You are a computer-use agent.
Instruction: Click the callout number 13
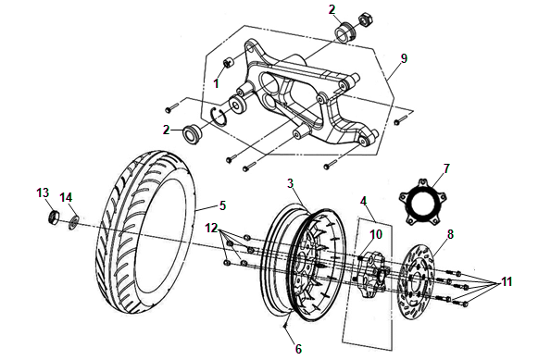pyautogui.click(x=43, y=192)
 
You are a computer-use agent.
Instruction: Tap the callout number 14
pyautogui.click(x=67, y=197)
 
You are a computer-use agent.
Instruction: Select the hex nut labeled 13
pyautogui.click(x=53, y=217)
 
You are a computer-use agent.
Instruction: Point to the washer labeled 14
pyautogui.click(x=74, y=222)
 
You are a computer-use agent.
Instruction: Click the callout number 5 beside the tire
pyautogui.click(x=222, y=205)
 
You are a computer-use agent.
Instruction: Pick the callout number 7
pyautogui.click(x=446, y=168)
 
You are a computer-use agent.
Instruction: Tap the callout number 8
pyautogui.click(x=450, y=234)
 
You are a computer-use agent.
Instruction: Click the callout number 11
pyautogui.click(x=507, y=281)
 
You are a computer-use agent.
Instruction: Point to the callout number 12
pyautogui.click(x=212, y=228)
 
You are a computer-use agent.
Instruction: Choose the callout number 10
pyautogui.click(x=376, y=234)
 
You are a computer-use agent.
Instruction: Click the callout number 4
pyautogui.click(x=363, y=201)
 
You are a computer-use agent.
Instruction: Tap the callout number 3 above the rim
pyautogui.click(x=290, y=183)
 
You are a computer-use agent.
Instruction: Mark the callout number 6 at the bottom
pyautogui.click(x=298, y=349)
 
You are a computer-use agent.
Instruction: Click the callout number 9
pyautogui.click(x=404, y=58)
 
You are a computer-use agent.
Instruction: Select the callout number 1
pyautogui.click(x=216, y=83)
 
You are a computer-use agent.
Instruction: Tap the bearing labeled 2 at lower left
pyautogui.click(x=191, y=133)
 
